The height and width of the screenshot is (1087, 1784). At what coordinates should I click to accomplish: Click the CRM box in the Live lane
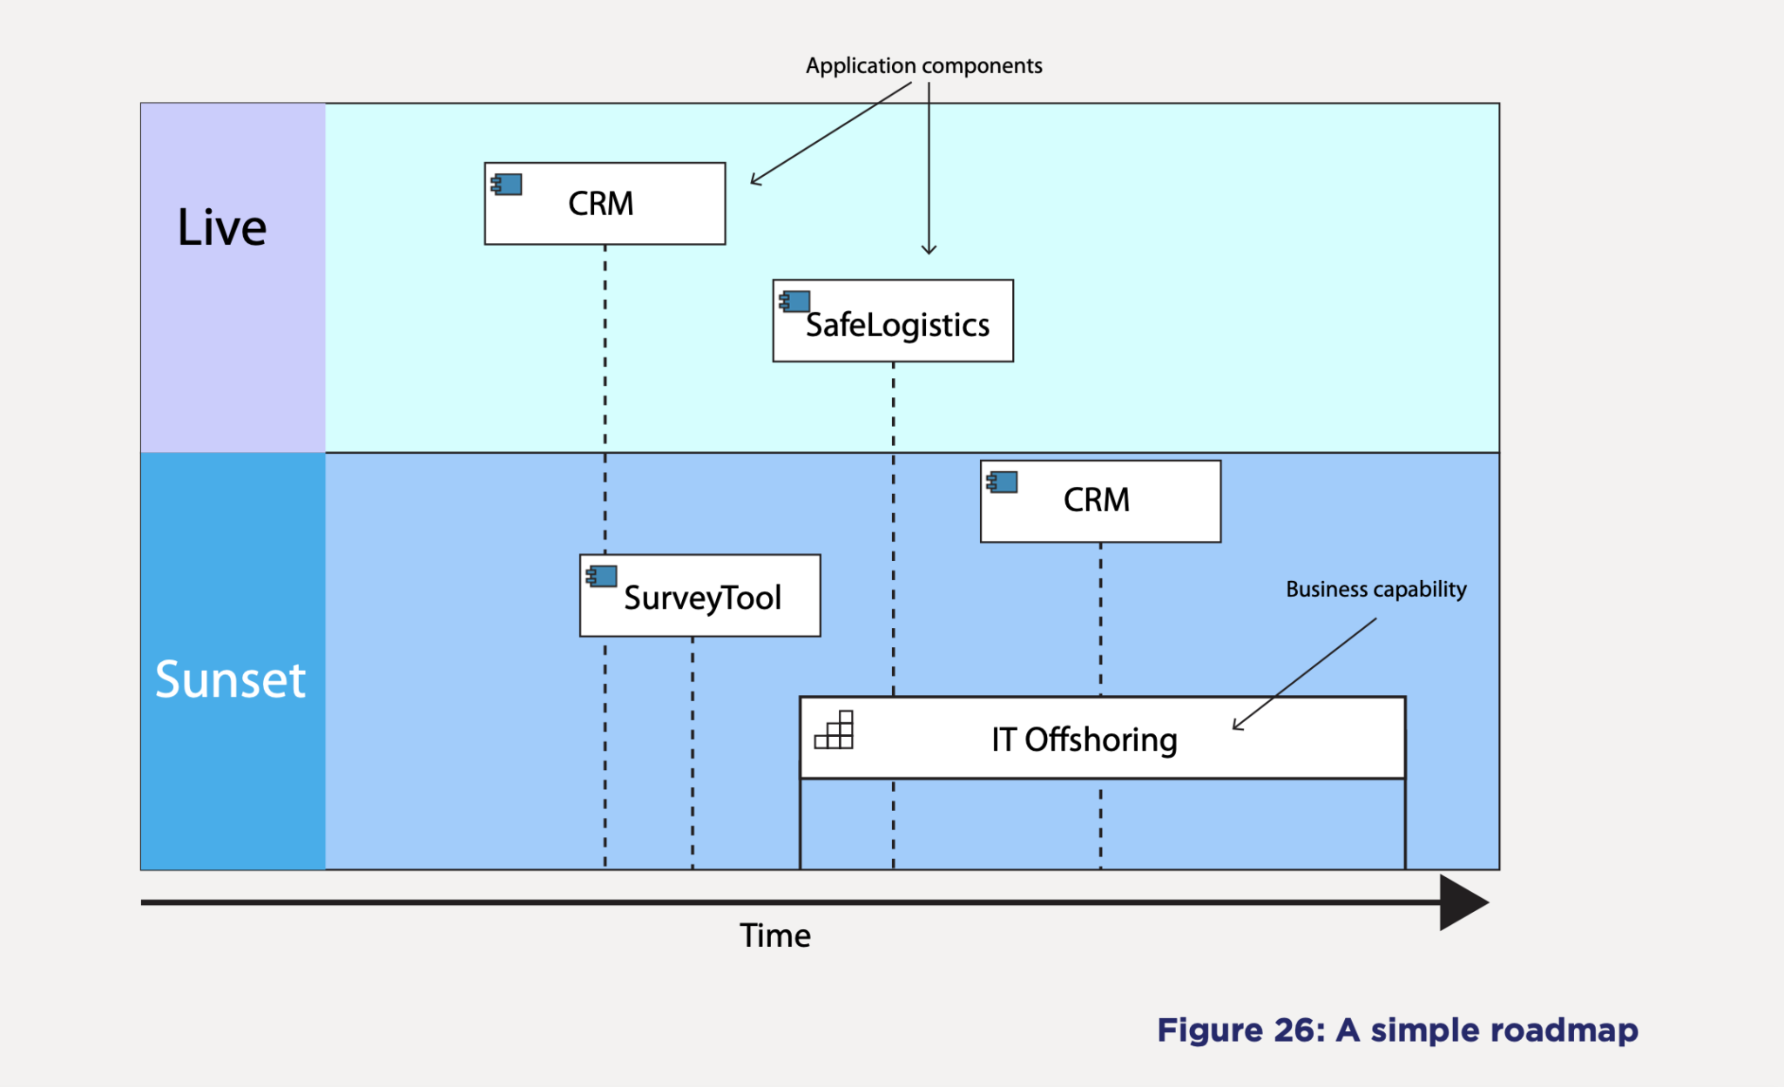[x=605, y=204]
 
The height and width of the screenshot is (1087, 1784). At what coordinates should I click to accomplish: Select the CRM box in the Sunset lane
[x=1100, y=501]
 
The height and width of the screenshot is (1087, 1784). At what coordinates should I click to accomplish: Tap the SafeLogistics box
[x=893, y=321]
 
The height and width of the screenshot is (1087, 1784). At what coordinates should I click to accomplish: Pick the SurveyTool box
[x=699, y=596]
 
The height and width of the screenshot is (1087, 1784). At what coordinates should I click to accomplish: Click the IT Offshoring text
[x=1084, y=739]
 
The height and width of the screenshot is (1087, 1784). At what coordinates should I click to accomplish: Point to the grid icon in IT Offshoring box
[x=835, y=731]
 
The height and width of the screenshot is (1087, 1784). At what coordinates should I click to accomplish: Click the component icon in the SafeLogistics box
[x=794, y=301]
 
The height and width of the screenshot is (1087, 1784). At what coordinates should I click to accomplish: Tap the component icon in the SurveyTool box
[x=602, y=576]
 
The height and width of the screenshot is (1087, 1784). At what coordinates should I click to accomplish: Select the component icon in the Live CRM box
[x=507, y=185]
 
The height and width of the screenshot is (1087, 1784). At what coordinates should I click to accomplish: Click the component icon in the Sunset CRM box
[x=1002, y=482]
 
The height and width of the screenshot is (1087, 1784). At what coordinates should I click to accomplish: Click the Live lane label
[x=222, y=228]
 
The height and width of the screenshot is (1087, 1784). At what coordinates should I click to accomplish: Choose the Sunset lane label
[x=231, y=679]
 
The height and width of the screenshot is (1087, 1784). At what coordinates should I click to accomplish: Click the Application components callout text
[x=923, y=66]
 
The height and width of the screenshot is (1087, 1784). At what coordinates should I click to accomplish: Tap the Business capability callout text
[x=1375, y=590]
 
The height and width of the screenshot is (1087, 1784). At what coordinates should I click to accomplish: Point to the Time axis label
[x=774, y=935]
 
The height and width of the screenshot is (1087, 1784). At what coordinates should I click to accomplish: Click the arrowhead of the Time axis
[x=1463, y=902]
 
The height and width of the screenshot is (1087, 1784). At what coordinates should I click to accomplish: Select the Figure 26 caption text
[x=1396, y=1030]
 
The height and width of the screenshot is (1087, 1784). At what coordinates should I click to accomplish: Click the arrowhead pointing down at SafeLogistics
[x=929, y=251]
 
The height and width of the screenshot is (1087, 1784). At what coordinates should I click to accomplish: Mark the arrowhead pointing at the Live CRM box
[x=754, y=181]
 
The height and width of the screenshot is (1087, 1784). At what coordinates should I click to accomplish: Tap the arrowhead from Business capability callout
[x=1236, y=726]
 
